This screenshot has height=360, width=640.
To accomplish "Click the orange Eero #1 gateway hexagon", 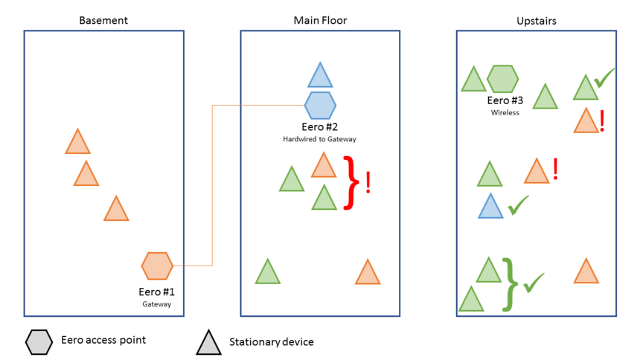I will tap(157, 265).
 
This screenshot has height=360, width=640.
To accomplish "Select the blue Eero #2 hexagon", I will tap(320, 105).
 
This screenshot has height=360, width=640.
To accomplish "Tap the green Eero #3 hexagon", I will tap(502, 78).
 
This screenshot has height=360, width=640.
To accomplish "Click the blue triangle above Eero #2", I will tap(320, 77).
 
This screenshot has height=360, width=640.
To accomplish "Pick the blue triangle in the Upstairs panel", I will tap(490, 207).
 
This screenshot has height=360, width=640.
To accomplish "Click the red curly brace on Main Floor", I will tap(351, 182).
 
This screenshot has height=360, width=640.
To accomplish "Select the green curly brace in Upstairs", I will tap(509, 283).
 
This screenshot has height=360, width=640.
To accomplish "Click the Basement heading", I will tap(103, 20).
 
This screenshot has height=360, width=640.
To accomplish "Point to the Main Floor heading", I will tap(320, 20).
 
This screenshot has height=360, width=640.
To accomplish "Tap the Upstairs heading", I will tap(536, 20).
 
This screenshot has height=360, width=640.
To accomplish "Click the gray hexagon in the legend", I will tap(39, 341).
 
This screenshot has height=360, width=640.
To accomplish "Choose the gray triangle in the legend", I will tap(209, 343).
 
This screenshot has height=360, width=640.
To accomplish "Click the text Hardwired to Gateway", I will tap(320, 139).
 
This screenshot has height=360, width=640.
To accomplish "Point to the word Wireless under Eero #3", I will tap(505, 113).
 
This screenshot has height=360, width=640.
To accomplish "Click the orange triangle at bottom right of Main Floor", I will tap(368, 273).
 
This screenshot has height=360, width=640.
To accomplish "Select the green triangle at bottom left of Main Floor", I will tap(267, 273).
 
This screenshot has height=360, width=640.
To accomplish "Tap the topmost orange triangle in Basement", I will tap(77, 143).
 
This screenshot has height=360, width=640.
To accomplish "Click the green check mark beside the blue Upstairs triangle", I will tap(517, 205).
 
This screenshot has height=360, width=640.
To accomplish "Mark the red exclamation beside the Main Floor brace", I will tap(368, 182).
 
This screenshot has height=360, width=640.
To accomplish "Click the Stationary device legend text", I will tap(271, 342).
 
